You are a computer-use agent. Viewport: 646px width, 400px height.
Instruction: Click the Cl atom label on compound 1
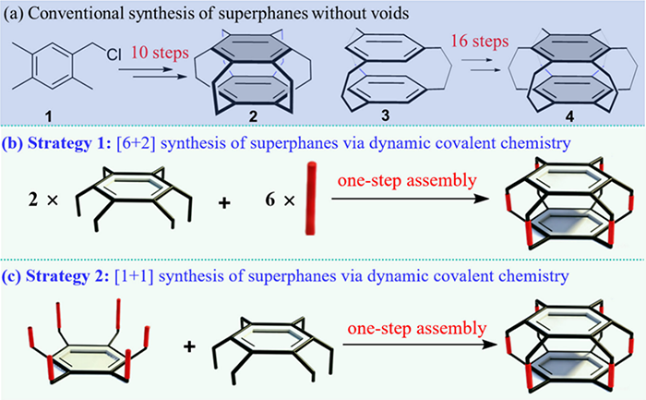(x=114, y=55)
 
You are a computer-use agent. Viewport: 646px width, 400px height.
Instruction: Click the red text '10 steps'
(x=161, y=53)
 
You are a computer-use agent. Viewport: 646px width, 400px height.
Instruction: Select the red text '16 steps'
(x=480, y=42)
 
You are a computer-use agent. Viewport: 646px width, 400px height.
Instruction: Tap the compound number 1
(x=49, y=116)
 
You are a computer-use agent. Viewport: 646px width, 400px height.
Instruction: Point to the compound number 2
(x=253, y=116)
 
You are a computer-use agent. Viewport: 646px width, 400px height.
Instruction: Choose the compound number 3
(x=385, y=115)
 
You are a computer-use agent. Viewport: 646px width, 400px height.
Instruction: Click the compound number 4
(x=569, y=116)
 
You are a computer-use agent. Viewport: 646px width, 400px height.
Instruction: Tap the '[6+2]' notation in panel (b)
(x=137, y=143)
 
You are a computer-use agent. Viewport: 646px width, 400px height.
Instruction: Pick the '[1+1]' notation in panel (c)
(x=134, y=276)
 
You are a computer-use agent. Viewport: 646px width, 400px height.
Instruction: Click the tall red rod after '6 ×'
(x=311, y=199)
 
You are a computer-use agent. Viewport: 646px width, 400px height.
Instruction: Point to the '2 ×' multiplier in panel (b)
(x=43, y=200)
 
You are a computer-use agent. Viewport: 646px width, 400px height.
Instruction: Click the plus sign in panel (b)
(x=224, y=202)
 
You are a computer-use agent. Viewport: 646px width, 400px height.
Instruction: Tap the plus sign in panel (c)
(x=189, y=346)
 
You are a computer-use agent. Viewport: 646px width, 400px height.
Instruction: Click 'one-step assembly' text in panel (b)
(x=407, y=180)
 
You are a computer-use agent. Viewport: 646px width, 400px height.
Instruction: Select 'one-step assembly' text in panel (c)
(x=417, y=329)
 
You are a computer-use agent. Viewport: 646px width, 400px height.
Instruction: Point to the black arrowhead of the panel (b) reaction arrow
(x=481, y=199)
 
